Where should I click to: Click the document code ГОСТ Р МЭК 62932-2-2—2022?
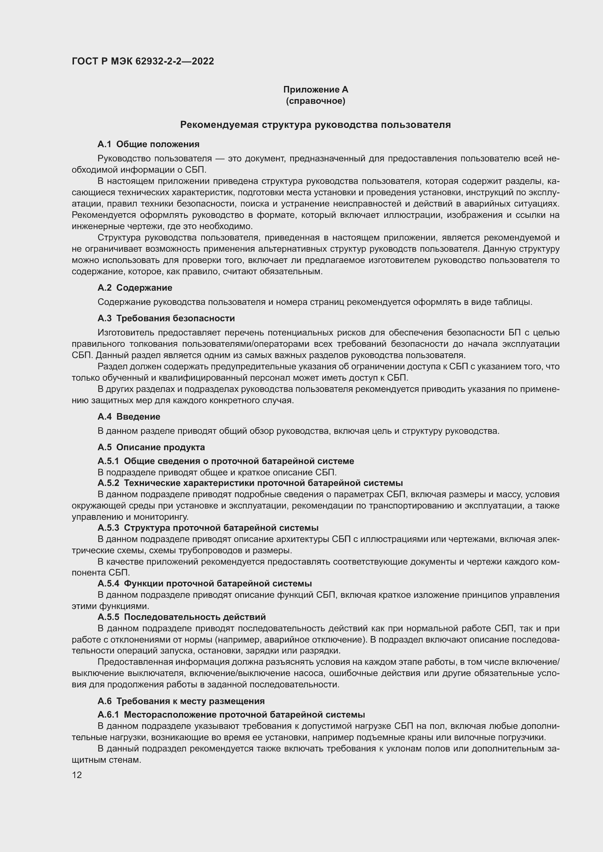pos(143,61)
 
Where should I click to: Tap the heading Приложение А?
pos(316,90)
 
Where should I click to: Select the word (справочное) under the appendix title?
pos(316,101)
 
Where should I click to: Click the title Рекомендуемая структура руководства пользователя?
pos(315,125)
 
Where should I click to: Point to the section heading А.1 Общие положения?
pos(148,144)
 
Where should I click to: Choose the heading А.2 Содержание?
pos(135,288)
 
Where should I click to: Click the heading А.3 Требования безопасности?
pos(166,318)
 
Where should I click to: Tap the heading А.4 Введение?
pos(129,416)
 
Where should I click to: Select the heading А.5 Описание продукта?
pos(151,447)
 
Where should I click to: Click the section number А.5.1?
pos(108,461)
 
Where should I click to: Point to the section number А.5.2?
pos(108,483)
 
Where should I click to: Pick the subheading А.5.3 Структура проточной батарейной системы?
pos(208,527)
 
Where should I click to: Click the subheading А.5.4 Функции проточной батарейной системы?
pos(205,583)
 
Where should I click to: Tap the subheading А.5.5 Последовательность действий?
pos(182,617)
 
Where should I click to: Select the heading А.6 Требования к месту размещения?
pos(181,701)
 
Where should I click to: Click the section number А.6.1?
pos(108,714)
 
